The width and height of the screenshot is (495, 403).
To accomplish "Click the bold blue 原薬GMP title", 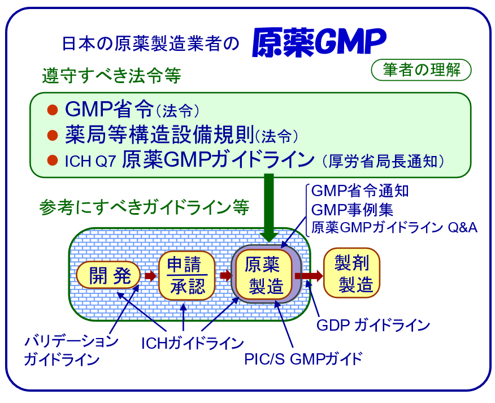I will coord(319,42).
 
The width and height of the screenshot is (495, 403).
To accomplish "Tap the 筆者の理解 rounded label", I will coord(421,70).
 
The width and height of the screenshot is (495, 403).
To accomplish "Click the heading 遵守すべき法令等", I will coord(111,75).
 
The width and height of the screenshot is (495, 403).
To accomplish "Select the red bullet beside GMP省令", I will coord(53,109).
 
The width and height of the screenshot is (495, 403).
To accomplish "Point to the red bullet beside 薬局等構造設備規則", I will coord(53,135).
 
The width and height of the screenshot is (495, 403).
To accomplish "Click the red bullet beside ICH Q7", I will coord(53,161).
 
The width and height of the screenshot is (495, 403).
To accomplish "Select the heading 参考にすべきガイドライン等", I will coord(144,207).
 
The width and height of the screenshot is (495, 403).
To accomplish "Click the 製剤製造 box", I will coord(351,274).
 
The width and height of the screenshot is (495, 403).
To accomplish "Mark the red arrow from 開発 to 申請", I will coord(150,276).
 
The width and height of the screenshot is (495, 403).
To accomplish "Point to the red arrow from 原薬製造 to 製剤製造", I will coord(309,276).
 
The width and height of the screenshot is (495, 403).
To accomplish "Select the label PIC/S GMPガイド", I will coord(302,358).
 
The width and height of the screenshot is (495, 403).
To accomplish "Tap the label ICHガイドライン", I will coord(193,343).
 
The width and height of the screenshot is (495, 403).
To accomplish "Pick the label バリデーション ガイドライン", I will coord(71,350).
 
